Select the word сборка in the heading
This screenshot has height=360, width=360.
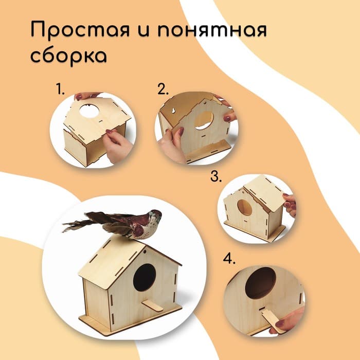tap(68, 56)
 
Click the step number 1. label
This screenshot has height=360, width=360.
tap(60, 89)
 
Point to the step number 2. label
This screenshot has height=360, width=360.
tap(163, 89)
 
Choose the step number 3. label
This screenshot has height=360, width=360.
tap(216, 176)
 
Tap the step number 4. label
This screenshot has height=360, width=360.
tap(229, 259)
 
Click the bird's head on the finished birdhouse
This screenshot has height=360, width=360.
tap(155, 216)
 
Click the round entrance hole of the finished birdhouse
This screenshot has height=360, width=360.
tap(145, 277)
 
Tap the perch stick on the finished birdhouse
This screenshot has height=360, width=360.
tap(152, 306)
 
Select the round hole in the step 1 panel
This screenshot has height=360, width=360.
tap(89, 111)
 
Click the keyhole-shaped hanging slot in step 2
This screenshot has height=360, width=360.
tap(173, 111)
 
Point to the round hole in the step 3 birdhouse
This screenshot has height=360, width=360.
tap(245, 208)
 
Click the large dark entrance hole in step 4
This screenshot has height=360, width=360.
tap(260, 283)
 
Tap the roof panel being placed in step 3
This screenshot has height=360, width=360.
tap(266, 193)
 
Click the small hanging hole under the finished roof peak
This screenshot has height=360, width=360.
tap(145, 252)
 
